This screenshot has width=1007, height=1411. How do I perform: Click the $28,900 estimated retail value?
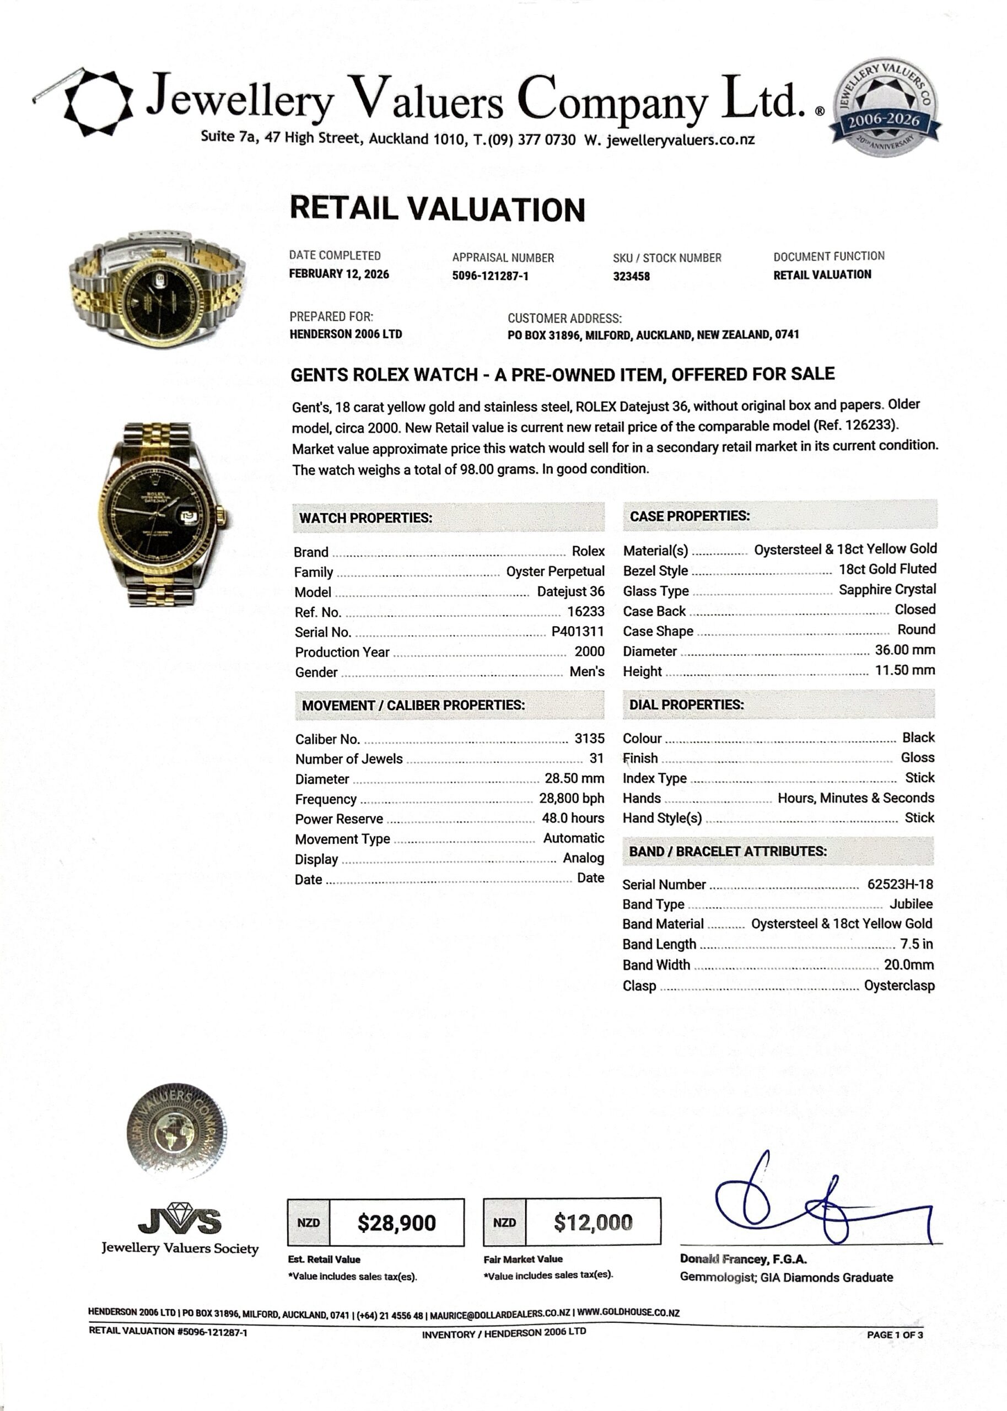pos(396,1222)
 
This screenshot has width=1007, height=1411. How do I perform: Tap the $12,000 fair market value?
pos(593,1222)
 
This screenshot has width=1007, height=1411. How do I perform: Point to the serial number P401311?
pos(577,632)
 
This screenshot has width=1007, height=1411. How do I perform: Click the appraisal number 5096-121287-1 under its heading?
pos(490,276)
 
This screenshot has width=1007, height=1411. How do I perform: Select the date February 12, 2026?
pos(338,274)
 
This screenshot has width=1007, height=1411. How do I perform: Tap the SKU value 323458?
pos(631,277)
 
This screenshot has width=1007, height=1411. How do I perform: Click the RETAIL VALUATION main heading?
pos(437,209)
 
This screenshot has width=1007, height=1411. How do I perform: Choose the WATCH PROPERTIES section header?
pos(365,518)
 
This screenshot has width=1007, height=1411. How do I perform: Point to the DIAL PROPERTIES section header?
pos(686,704)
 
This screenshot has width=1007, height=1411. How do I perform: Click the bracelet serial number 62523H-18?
pos(900,884)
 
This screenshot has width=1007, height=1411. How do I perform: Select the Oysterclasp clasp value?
pos(899,985)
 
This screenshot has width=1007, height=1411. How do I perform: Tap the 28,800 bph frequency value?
pos(571,799)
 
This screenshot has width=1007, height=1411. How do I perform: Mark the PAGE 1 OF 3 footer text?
pos(894,1335)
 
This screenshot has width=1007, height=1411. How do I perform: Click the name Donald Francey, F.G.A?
pos(743,1259)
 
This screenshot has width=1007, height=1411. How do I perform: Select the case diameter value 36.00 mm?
pos(904,650)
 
